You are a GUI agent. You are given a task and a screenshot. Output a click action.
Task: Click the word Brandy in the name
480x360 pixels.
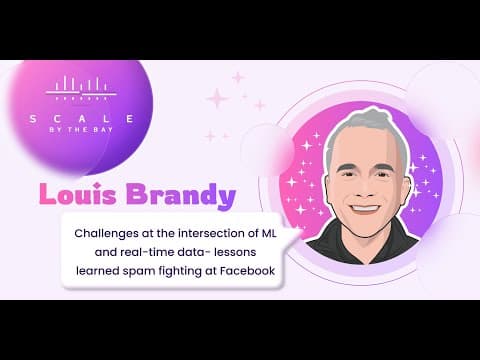coord(180,196)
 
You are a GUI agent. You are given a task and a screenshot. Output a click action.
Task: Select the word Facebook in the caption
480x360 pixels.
coord(247,271)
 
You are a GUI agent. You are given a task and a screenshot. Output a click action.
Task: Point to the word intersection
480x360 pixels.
coord(211,233)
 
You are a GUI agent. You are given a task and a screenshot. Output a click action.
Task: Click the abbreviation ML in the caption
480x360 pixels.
coord(268,233)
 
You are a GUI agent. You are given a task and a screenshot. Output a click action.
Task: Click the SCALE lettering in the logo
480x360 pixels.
coord(82,119)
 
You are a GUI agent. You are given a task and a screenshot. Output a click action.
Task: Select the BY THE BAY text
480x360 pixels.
coord(81,130)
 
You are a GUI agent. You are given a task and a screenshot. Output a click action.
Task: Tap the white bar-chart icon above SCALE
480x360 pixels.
coord(81,88)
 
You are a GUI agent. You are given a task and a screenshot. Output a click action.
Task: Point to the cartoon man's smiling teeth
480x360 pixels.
coord(366,208)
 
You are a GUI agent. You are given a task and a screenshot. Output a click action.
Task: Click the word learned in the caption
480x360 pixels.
coord(98,271)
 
